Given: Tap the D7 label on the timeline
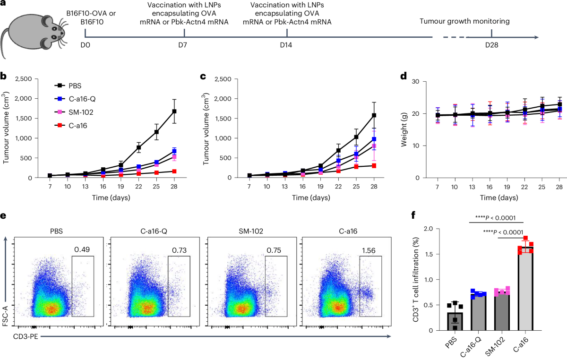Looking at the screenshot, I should click(x=184, y=45).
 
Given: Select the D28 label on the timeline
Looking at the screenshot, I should click(x=491, y=45).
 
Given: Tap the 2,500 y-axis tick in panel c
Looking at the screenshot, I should click(x=222, y=78).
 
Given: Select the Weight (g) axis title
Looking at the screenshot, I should click(x=404, y=129).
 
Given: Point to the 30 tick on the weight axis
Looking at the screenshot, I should click(x=416, y=82).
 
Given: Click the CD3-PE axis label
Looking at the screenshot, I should click(x=27, y=337).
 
